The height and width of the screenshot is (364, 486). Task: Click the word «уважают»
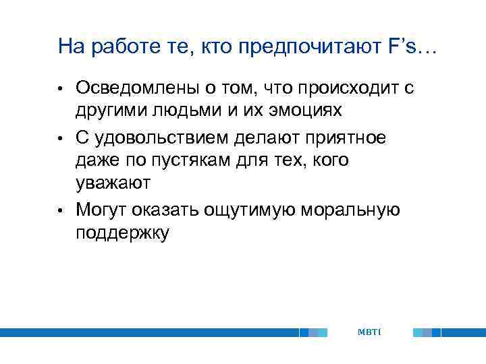(113, 184)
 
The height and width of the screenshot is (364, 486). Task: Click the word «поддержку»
(122, 234)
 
